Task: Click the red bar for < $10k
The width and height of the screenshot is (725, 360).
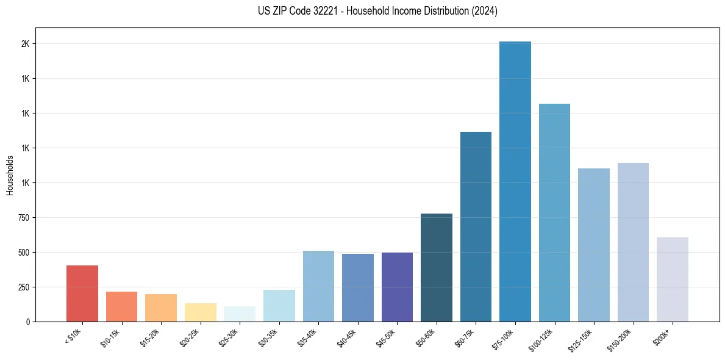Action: pos(82,293)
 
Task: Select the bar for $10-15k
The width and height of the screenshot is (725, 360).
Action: pos(121,307)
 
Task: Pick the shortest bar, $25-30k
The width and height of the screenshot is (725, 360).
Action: pos(240,314)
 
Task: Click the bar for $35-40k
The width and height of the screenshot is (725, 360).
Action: pos(318,286)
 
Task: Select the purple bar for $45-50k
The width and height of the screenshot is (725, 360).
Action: pos(397,287)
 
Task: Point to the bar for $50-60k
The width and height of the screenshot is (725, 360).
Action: pos(437,268)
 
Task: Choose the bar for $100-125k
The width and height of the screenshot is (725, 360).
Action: pos(554,213)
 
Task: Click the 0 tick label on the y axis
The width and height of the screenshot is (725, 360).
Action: pos(27,322)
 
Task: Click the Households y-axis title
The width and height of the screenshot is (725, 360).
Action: pos(10,175)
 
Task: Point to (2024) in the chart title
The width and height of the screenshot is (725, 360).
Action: pos(485,11)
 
